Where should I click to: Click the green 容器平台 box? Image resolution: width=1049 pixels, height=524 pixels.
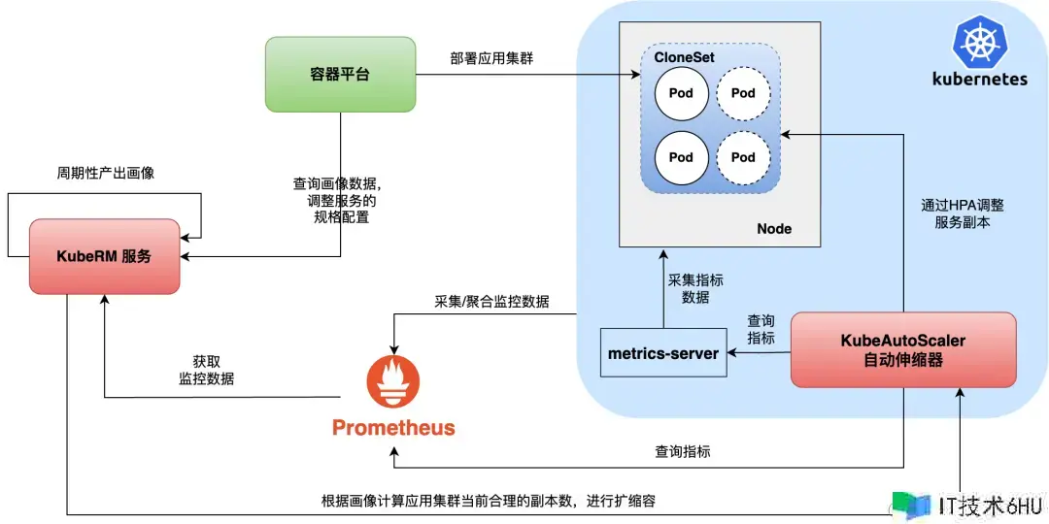(x=340, y=74)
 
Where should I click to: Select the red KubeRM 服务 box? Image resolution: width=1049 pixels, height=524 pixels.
(x=105, y=256)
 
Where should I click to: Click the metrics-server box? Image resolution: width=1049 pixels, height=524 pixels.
(x=663, y=353)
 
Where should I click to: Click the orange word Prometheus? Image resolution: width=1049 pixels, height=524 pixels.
(x=393, y=428)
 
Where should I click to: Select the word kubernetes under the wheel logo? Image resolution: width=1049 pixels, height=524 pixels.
(x=979, y=79)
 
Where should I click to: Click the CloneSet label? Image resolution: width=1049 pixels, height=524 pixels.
(x=684, y=58)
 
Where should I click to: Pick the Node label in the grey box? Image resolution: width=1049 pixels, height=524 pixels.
(x=774, y=229)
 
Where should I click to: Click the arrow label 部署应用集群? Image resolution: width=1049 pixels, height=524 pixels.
(x=491, y=58)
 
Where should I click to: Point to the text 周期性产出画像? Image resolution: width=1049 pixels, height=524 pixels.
(x=105, y=173)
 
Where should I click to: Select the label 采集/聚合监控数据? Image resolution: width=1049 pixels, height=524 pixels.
(x=491, y=302)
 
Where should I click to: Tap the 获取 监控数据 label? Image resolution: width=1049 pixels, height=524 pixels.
(x=206, y=370)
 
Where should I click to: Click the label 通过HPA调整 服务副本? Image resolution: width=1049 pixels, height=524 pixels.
(x=963, y=213)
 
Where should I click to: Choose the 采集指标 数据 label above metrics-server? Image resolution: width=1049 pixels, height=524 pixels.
(x=695, y=288)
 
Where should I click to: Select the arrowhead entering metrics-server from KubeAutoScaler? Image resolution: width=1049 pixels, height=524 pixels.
(x=733, y=353)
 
